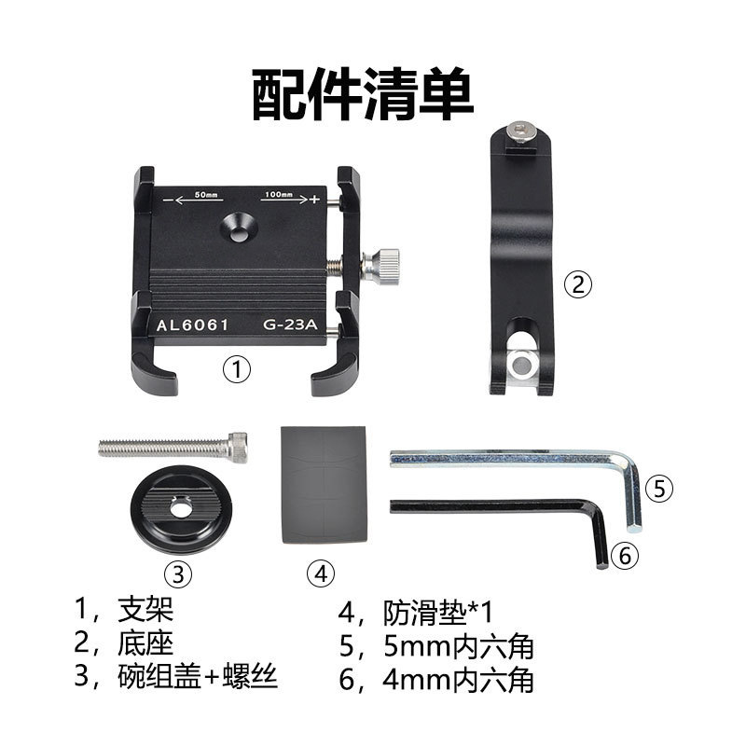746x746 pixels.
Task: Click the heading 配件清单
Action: (x=363, y=94)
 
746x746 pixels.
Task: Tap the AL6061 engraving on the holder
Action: (x=193, y=325)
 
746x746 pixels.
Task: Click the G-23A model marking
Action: (x=290, y=325)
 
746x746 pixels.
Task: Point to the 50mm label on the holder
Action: (x=206, y=195)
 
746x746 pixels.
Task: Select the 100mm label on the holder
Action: (x=279, y=194)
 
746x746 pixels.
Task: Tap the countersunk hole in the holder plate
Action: (x=239, y=231)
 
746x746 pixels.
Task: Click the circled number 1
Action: (x=237, y=369)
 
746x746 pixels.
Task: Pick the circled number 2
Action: (x=578, y=284)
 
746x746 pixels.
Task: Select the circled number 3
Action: (x=178, y=573)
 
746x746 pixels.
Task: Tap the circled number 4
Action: (x=321, y=573)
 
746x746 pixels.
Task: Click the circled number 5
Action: (x=659, y=489)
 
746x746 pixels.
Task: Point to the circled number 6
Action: (x=625, y=555)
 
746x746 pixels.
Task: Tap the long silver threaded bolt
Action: (x=173, y=448)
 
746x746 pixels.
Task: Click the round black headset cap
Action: (x=181, y=508)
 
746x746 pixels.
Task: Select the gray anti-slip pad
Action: (x=324, y=485)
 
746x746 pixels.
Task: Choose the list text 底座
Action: (x=145, y=643)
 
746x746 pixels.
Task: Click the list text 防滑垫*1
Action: (x=437, y=613)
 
